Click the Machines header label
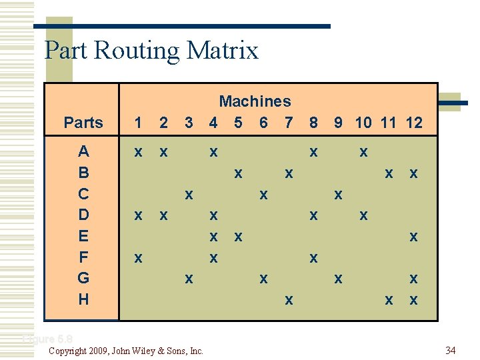[255, 101]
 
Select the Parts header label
[83, 123]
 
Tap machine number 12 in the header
[413, 123]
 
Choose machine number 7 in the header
[288, 123]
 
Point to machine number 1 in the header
[138, 123]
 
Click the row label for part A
[83, 151]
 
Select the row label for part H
[83, 299]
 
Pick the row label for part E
[83, 236]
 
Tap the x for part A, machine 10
[363, 153]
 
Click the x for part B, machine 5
[237, 174]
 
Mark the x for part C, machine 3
[189, 195]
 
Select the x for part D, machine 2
[163, 216]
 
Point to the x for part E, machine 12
[413, 237]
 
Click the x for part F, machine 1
[138, 258]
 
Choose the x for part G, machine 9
[338, 279]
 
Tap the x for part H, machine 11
[389, 301]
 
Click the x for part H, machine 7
[288, 301]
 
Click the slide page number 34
[450, 350]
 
